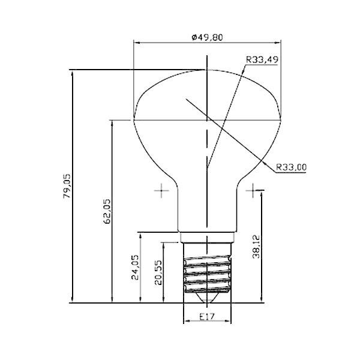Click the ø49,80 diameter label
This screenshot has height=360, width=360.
click(x=208, y=37)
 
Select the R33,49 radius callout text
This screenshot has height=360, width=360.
click(x=263, y=59)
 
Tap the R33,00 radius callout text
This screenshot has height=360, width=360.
click(x=292, y=167)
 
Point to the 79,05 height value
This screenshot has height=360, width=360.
click(x=67, y=186)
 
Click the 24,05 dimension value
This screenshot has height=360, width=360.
click(x=136, y=268)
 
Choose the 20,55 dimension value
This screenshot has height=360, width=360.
click(x=158, y=273)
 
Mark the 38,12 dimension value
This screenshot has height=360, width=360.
click(x=256, y=246)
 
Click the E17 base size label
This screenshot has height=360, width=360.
click(x=206, y=316)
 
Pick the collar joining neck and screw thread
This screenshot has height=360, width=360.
click(x=207, y=236)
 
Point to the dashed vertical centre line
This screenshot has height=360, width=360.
click(x=207, y=150)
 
